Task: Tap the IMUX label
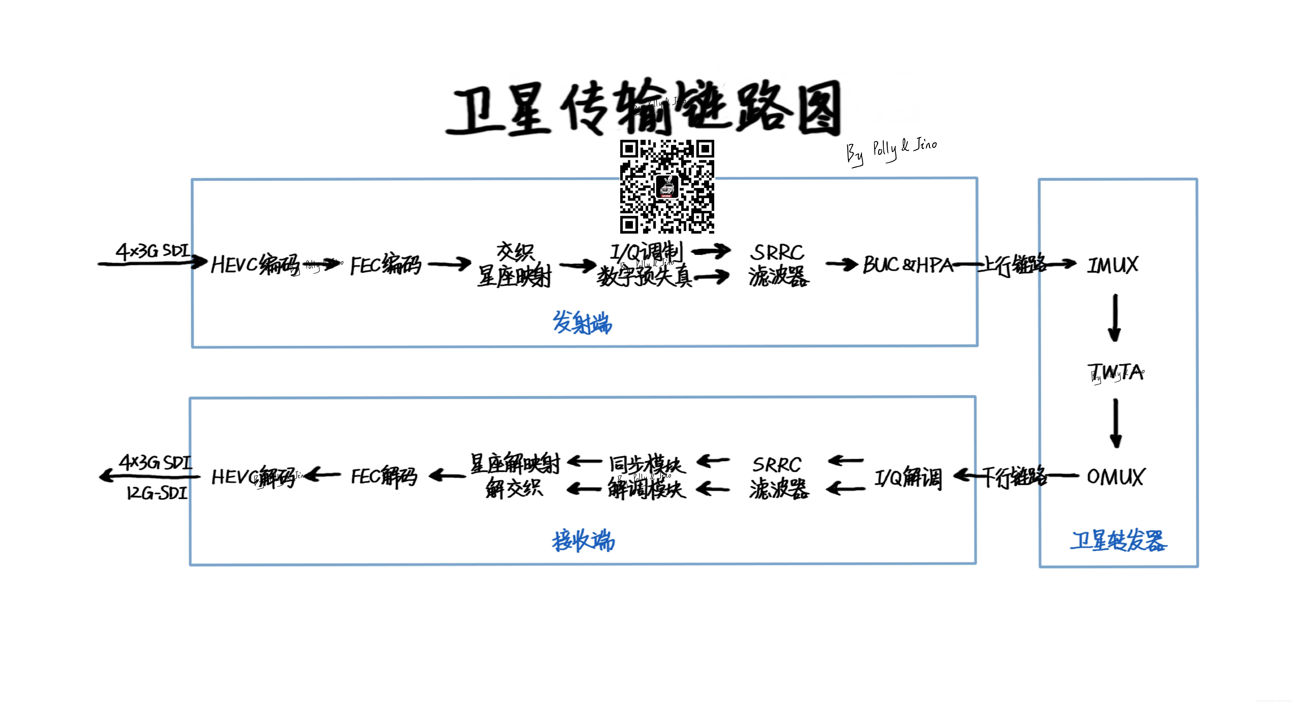pyautogui.click(x=1112, y=265)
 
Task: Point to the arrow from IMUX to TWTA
pyautogui.click(x=1115, y=318)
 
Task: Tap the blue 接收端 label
pyautogui.click(x=583, y=541)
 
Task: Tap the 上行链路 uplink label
pyautogui.click(x=1012, y=265)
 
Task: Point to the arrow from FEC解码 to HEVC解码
pyautogui.click(x=323, y=475)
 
